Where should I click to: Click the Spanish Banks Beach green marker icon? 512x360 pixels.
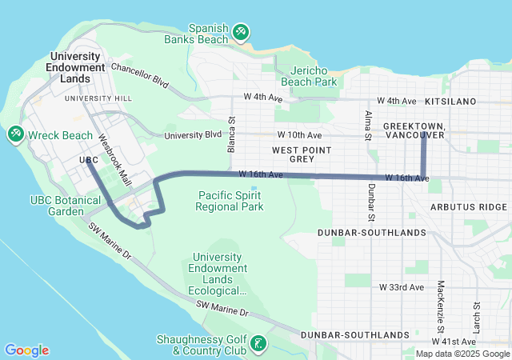pos(241,32)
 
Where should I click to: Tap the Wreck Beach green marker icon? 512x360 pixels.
pos(15,135)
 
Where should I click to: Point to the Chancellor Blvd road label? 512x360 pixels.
pos(141,74)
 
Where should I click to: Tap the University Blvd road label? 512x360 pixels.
pos(193,135)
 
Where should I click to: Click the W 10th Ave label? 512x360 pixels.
pos(299,135)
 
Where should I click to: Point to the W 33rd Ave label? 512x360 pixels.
pos(401,286)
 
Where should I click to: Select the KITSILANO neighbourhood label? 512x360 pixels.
pos(450,102)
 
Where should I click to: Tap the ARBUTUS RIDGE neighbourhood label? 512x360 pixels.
pos(468,206)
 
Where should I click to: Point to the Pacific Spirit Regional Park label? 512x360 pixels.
pos(230,201)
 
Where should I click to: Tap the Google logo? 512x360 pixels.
pos(26,350)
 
